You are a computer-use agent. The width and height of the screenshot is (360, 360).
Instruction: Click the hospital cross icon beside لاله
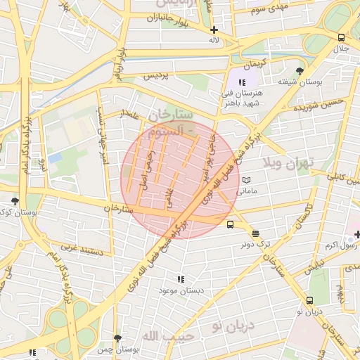[x=214, y=30]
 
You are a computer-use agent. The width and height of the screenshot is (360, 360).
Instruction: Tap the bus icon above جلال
[x=341, y=37]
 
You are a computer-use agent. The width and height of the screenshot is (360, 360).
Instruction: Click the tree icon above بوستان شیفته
[x=300, y=71]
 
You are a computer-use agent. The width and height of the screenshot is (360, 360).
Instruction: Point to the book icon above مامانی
[x=245, y=180]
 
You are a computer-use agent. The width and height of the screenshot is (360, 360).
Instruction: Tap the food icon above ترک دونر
[x=255, y=233]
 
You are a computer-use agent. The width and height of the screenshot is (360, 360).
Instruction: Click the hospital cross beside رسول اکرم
[x=356, y=234]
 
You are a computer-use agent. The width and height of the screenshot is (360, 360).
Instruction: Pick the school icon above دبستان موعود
[x=181, y=279]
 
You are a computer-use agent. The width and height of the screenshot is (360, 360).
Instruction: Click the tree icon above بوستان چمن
[x=117, y=338]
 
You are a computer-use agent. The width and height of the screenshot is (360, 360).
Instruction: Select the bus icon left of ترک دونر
[x=231, y=225]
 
